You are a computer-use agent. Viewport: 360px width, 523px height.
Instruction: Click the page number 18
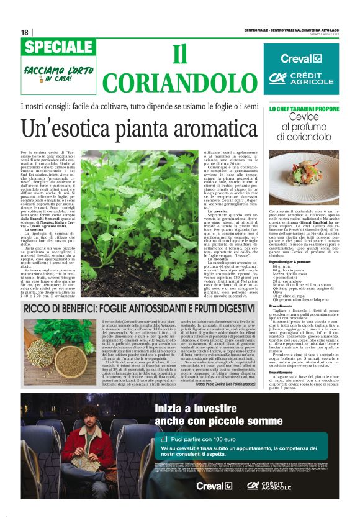tap(25, 32)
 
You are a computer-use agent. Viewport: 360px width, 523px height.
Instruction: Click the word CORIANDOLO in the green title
tap(180, 82)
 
